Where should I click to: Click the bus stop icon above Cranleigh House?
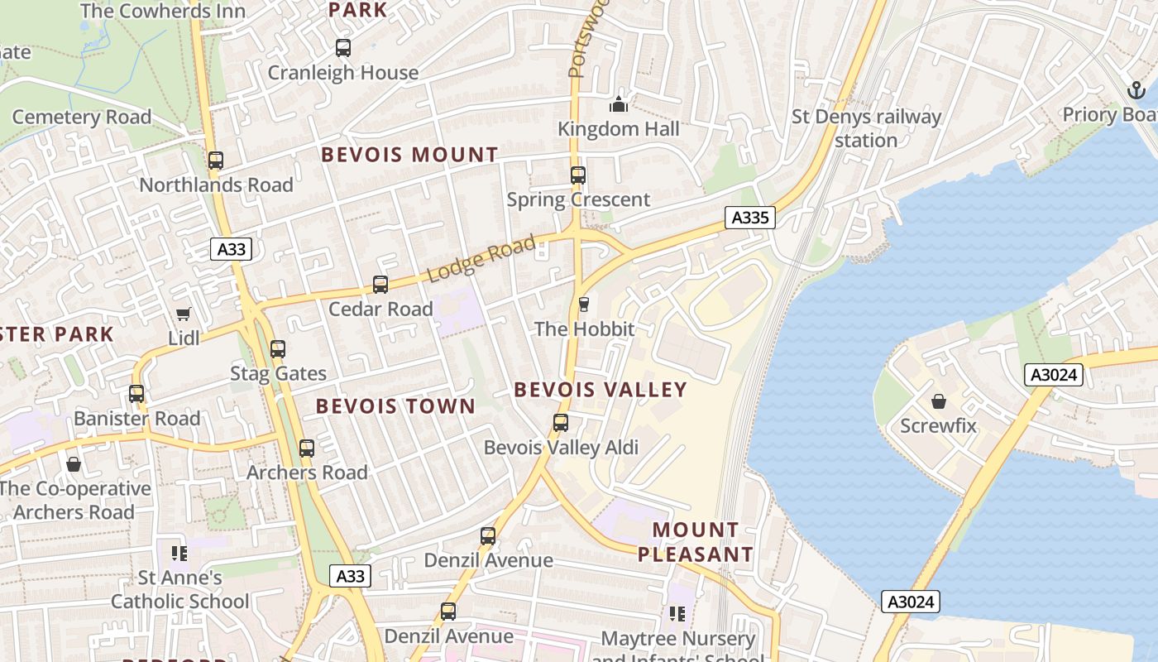click(343, 48)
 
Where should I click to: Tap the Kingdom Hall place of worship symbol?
click(619, 104)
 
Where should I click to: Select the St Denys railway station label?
click(866, 128)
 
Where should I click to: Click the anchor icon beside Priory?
click(1136, 90)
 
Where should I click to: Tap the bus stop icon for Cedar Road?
click(380, 285)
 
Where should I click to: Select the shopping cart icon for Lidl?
click(184, 314)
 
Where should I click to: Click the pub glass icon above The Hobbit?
click(583, 305)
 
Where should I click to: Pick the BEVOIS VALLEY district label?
click(601, 390)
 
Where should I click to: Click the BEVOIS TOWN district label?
click(395, 406)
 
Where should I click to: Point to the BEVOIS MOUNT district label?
click(409, 155)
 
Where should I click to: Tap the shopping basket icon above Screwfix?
click(939, 402)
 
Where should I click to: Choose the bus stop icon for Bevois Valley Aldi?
click(561, 423)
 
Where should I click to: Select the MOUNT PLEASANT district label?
click(695, 542)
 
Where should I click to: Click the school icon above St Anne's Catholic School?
click(179, 553)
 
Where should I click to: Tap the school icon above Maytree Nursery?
click(677, 614)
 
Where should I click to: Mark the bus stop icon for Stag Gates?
click(278, 349)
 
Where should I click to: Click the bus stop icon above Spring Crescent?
click(578, 175)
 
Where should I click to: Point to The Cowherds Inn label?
click(163, 11)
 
